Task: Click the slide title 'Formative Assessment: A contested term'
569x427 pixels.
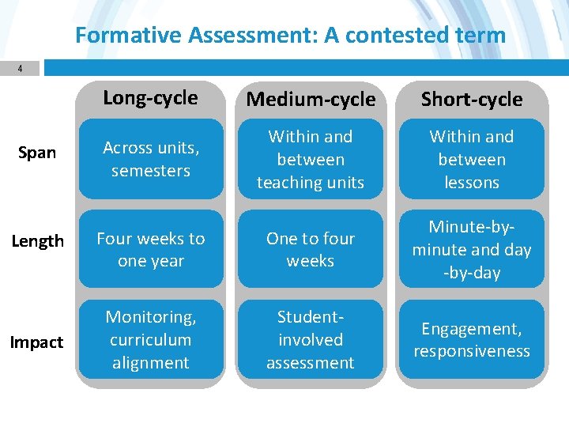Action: click(x=290, y=35)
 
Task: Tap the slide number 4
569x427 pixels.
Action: click(x=21, y=69)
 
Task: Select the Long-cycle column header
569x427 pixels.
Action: click(x=150, y=98)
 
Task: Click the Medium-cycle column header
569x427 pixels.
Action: click(x=311, y=100)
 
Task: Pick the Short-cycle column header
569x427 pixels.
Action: click(x=472, y=100)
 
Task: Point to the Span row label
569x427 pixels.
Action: click(x=37, y=153)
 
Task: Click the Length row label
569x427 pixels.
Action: click(x=37, y=241)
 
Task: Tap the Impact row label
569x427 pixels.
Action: click(x=36, y=342)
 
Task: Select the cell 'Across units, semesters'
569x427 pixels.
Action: click(x=151, y=159)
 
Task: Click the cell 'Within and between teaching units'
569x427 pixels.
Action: click(x=311, y=159)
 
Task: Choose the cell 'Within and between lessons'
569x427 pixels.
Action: click(x=472, y=159)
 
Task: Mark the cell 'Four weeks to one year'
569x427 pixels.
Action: click(x=151, y=249)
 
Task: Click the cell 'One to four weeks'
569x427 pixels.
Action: click(x=311, y=249)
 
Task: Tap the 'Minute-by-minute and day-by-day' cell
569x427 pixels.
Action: click(x=472, y=249)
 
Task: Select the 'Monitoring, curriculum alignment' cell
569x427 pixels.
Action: click(x=151, y=339)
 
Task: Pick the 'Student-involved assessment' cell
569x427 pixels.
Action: click(x=311, y=339)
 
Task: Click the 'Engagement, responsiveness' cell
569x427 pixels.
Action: click(x=472, y=339)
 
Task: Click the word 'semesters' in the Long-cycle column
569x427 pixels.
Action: click(x=151, y=171)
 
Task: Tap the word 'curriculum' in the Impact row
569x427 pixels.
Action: click(x=151, y=340)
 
